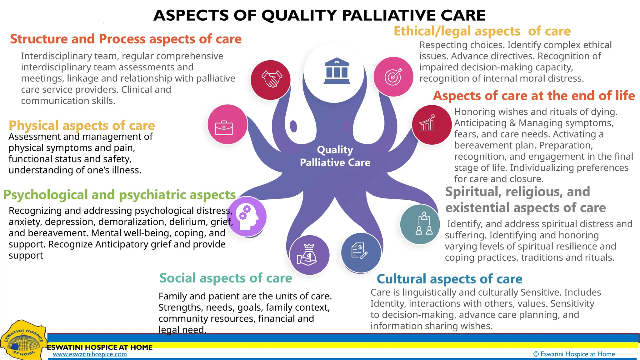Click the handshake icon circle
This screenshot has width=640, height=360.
(x=271, y=80)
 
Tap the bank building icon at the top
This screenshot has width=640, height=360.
(x=337, y=71)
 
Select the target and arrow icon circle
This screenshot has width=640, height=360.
(x=393, y=77)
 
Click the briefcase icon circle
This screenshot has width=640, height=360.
(x=227, y=124)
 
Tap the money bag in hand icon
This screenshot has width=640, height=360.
(x=309, y=255)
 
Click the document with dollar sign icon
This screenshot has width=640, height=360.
(x=360, y=252)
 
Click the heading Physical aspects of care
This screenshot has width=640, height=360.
(x=82, y=125)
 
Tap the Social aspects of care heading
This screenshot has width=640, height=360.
(x=225, y=278)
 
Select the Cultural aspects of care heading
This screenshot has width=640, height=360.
(x=449, y=279)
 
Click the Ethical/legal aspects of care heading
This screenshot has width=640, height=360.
(x=482, y=31)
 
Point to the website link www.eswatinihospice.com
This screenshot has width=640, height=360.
(x=90, y=354)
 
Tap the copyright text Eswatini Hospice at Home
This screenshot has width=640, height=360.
(x=574, y=354)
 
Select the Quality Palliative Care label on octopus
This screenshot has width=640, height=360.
(x=335, y=156)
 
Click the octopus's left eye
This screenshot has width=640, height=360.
(x=293, y=126)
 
